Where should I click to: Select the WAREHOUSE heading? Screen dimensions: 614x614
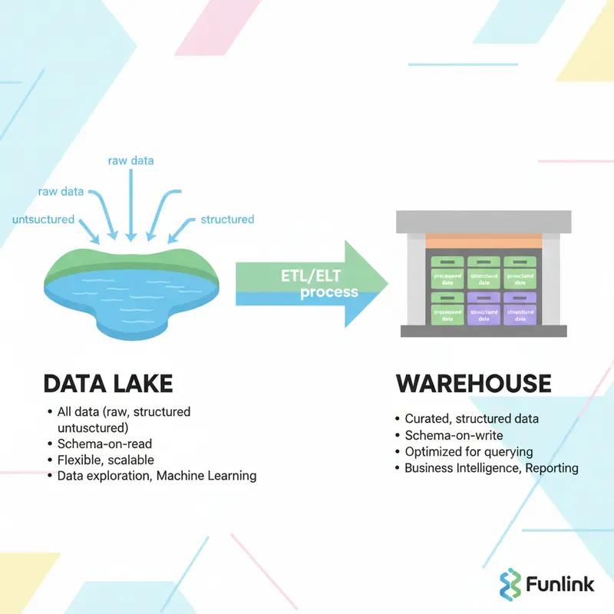point(473,384)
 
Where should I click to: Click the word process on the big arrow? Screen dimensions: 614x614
point(328,292)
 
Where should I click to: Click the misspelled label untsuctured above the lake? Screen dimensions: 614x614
point(44,220)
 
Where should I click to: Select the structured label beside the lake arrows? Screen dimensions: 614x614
point(227,220)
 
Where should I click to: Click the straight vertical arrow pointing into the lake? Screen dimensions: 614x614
point(131,203)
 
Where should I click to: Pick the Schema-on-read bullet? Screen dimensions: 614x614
point(105,444)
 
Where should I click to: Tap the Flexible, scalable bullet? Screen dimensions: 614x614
point(106,460)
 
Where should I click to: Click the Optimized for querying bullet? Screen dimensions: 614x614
point(469,451)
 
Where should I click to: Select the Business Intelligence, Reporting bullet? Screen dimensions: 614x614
point(491,467)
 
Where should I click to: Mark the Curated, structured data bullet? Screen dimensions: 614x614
point(471,419)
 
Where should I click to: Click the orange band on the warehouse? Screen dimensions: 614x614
point(484,240)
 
